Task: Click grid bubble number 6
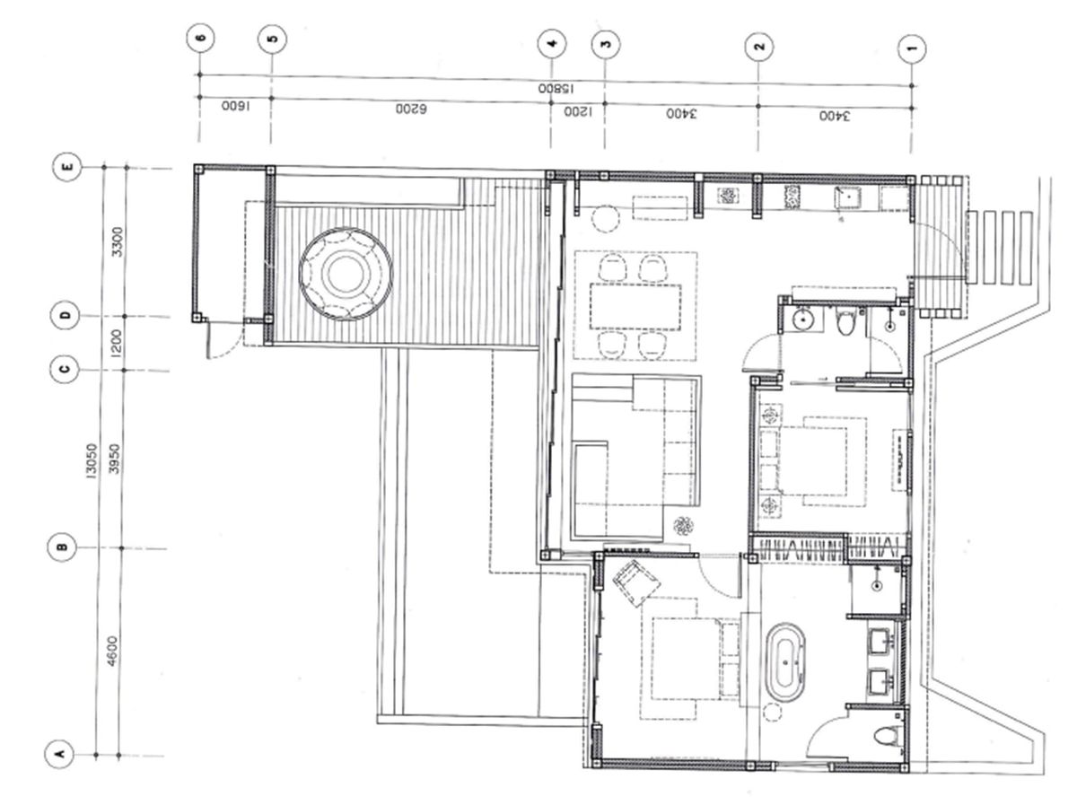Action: click(x=200, y=39)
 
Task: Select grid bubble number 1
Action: click(x=912, y=49)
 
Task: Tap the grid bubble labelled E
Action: click(x=66, y=167)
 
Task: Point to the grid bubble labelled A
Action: click(x=59, y=754)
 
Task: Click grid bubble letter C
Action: click(x=65, y=370)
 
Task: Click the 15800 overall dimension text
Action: click(x=556, y=89)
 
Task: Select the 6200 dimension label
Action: click(x=411, y=109)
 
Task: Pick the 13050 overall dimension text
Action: click(x=92, y=461)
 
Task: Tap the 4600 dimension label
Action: click(x=112, y=651)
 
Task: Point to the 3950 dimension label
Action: click(x=114, y=459)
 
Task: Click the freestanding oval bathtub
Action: click(x=785, y=662)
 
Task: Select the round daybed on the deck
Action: click(x=346, y=275)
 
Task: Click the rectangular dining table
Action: click(x=635, y=307)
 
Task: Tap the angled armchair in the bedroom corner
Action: click(x=636, y=583)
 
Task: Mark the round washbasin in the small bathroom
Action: click(x=802, y=319)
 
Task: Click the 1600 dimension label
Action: click(x=235, y=106)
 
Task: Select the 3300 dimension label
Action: click(x=118, y=241)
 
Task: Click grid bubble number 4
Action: click(x=551, y=44)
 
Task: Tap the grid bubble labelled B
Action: click(x=62, y=547)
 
